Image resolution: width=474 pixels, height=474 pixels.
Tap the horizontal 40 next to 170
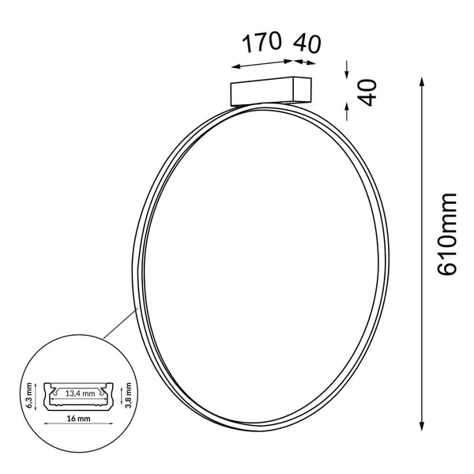[307, 43]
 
